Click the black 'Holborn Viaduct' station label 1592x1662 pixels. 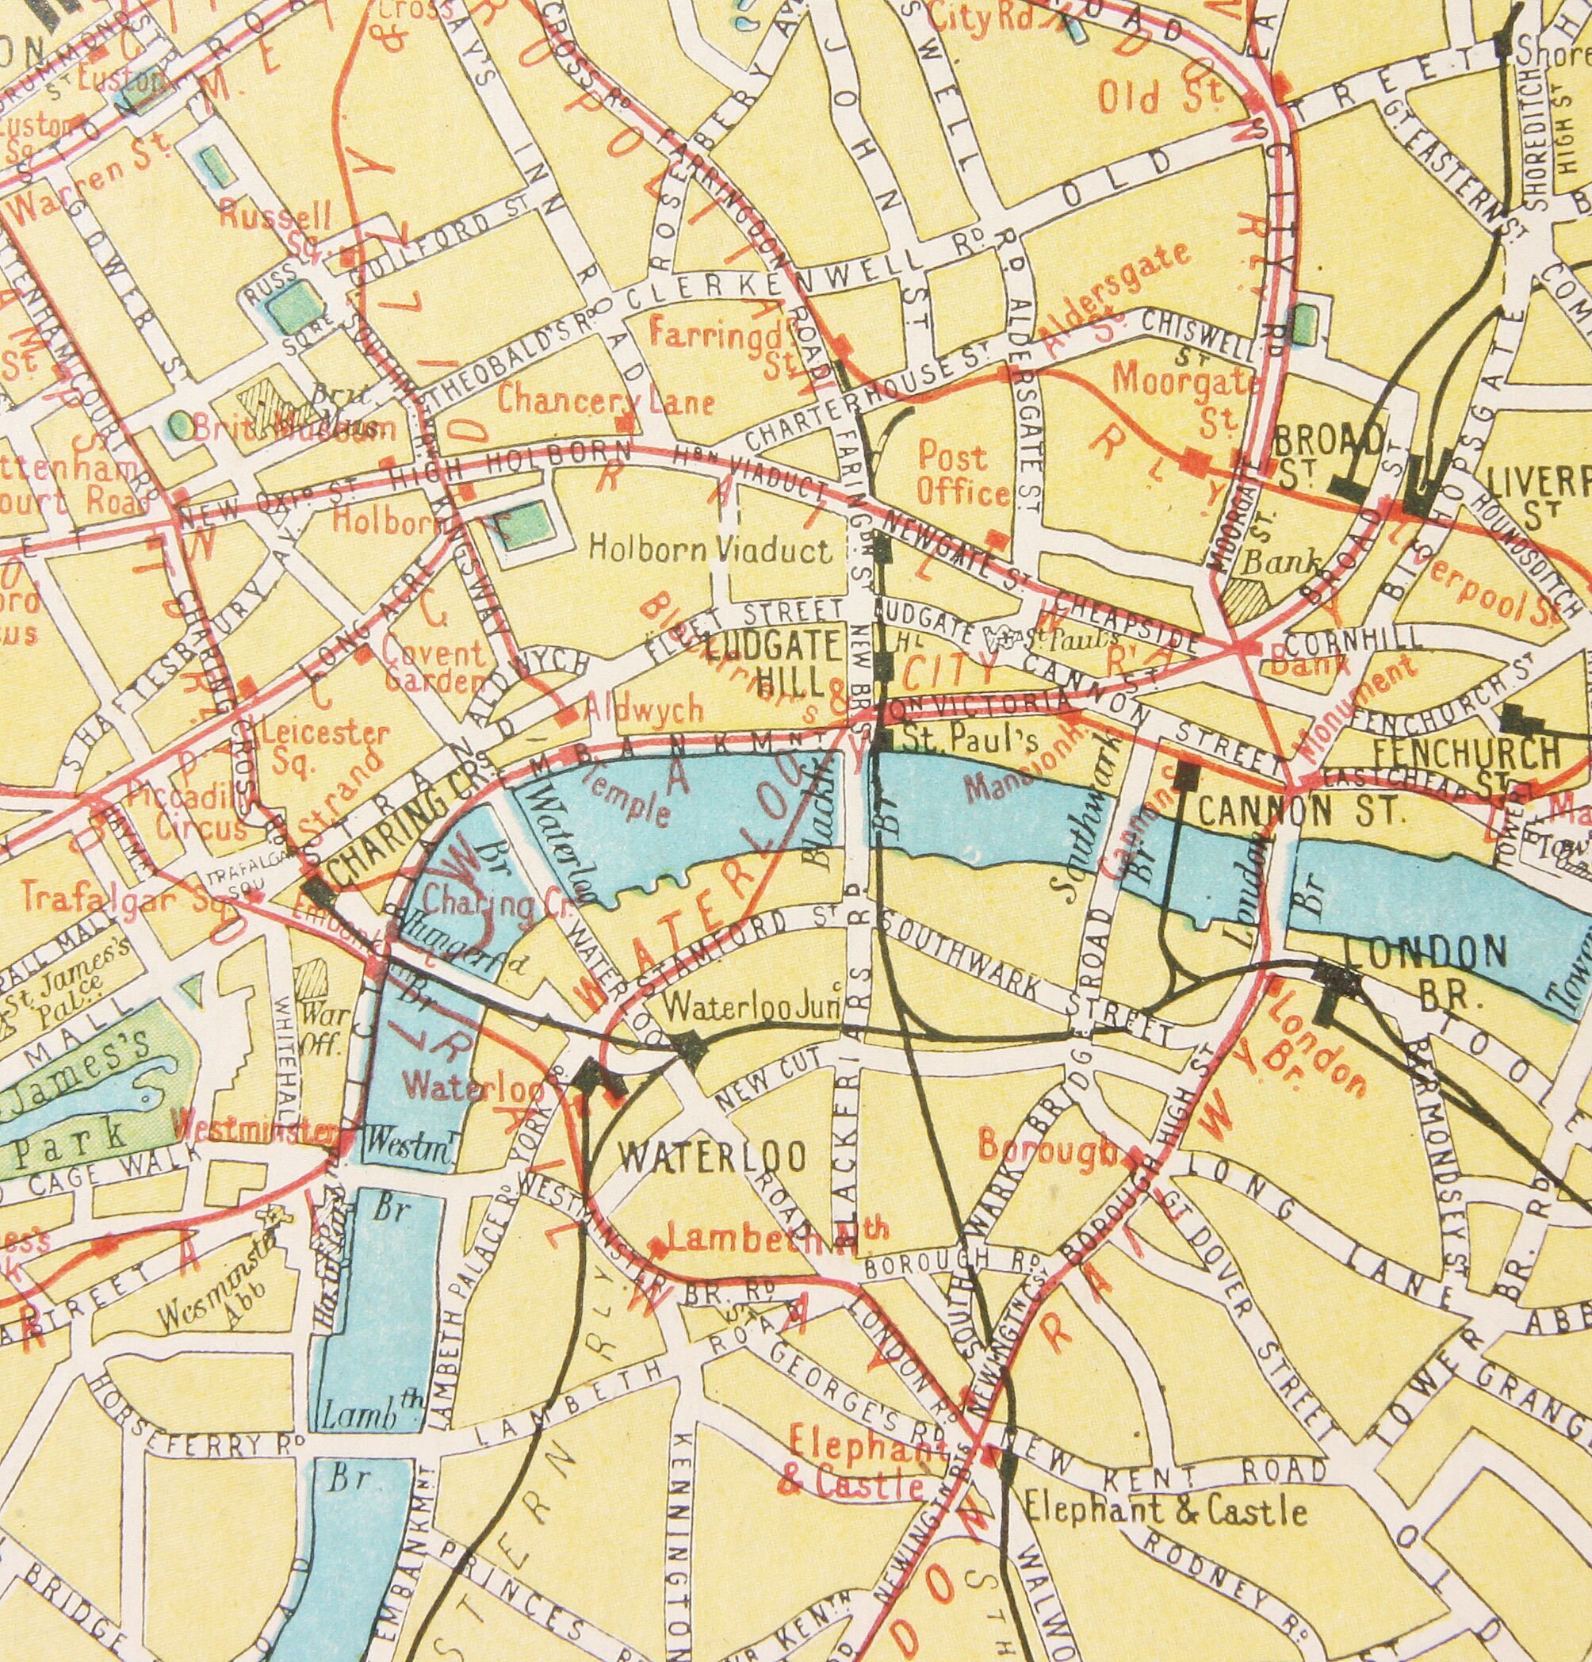pyautogui.click(x=710, y=550)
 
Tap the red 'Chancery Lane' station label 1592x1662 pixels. pyautogui.click(x=605, y=399)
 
